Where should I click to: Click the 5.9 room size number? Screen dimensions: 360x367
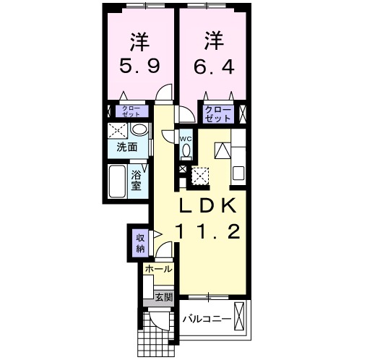139,67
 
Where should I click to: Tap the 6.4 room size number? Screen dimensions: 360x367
213,67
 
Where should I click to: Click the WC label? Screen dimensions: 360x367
185,138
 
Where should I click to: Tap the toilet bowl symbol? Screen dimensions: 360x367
186,150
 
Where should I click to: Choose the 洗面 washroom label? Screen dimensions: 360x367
127,147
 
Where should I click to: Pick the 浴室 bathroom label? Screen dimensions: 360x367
137,179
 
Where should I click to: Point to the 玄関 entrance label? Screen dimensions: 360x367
164,296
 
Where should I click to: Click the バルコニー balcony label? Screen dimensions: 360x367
206,319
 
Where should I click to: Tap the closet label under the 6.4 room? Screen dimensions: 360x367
217,113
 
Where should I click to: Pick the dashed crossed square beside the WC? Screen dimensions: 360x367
200,175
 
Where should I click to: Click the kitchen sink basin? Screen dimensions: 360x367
223,152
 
